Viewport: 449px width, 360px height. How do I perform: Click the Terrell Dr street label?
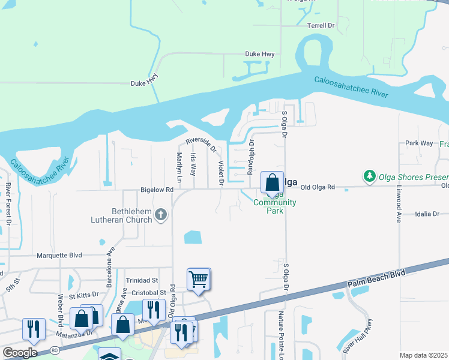[321, 26]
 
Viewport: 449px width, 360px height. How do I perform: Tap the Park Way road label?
[419, 143]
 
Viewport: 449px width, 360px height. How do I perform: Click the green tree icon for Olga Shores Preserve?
[369, 177]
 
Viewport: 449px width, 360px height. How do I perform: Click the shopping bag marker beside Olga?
[272, 182]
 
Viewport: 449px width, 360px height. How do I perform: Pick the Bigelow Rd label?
[157, 190]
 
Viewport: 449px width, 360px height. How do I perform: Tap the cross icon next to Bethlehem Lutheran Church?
[160, 215]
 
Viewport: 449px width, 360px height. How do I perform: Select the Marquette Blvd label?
[59, 255]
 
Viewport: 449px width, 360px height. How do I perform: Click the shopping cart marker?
[199, 279]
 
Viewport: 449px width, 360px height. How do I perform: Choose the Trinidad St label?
[142, 280]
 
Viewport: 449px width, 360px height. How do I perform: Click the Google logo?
[20, 353]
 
